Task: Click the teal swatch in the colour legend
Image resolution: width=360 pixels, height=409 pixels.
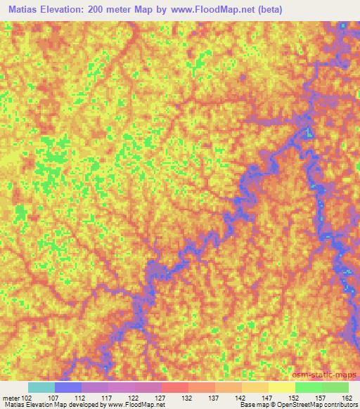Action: pos(41,387)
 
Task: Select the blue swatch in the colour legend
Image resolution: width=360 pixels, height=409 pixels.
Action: pos(68,387)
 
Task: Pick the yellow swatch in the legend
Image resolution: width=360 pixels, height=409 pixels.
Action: pos(282,387)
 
